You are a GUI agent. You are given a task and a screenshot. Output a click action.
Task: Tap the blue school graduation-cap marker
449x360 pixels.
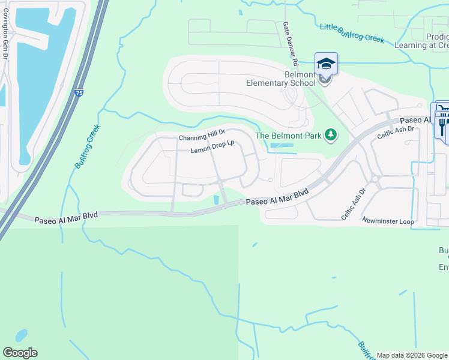click(x=326, y=64)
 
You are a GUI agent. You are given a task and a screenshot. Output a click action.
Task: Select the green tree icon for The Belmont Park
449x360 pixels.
click(x=330, y=136)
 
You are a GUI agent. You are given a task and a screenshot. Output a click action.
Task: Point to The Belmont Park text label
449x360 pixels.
click(x=289, y=136)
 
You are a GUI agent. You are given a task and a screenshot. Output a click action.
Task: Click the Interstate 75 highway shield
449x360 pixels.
click(x=79, y=93)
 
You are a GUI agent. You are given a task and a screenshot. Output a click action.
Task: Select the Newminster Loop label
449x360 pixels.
click(x=388, y=221)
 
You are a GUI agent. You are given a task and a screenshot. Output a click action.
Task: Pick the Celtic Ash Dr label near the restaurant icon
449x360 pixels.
click(x=396, y=133)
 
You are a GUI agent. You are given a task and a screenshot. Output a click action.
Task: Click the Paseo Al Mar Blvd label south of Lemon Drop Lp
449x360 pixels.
click(x=277, y=197)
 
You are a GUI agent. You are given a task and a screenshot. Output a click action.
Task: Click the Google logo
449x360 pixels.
click(x=20, y=353)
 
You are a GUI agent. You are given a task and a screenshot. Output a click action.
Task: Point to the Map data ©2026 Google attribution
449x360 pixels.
click(x=412, y=355)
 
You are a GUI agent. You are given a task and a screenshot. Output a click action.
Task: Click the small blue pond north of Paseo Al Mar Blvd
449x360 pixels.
click(x=216, y=199)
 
